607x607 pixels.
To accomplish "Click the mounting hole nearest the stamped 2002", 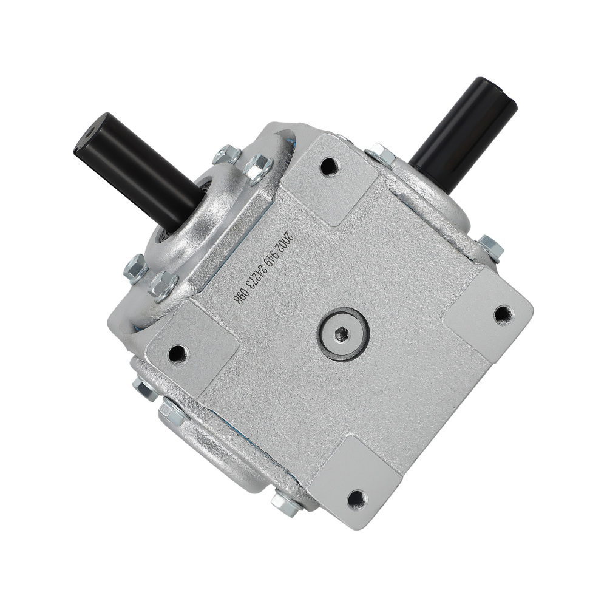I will (328, 165).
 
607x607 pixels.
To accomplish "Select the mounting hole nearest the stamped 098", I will (177, 352).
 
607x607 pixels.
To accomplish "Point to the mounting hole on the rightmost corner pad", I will (503, 314).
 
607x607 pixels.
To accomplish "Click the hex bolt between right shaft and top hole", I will (380, 154).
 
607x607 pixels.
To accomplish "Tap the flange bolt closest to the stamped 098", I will (163, 285).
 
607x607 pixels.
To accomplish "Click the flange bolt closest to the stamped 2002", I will (259, 166).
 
